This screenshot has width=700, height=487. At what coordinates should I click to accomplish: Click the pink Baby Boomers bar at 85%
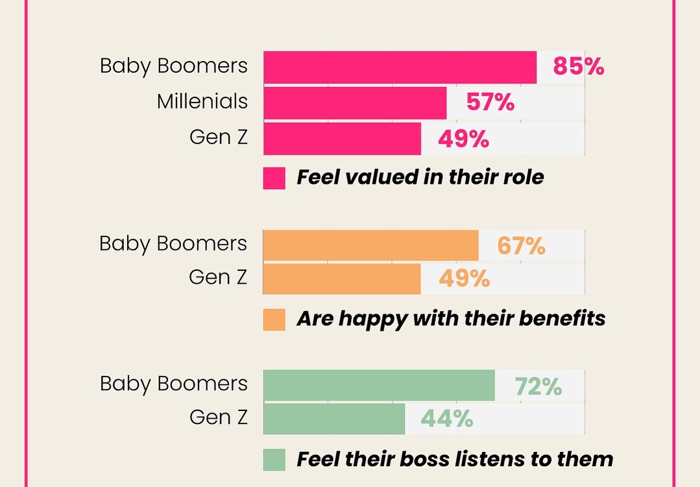pyautogui.click(x=400, y=68)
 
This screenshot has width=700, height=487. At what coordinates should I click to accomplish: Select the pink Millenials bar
pyautogui.click(x=355, y=103)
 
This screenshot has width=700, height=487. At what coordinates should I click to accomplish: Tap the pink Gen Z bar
pyautogui.click(x=342, y=139)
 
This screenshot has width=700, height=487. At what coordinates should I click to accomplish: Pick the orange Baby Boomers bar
pyautogui.click(x=370, y=245)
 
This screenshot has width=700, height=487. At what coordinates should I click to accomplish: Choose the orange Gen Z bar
pyautogui.click(x=342, y=279)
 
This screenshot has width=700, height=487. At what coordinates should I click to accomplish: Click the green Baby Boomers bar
pyautogui.click(x=379, y=386)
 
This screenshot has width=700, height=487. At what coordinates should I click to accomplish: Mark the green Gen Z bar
pyautogui.click(x=334, y=419)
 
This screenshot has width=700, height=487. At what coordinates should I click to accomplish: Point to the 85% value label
pyautogui.click(x=578, y=67)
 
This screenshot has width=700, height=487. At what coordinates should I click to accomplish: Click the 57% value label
pyautogui.click(x=490, y=103)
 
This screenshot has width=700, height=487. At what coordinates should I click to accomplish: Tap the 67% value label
pyautogui.click(x=521, y=246)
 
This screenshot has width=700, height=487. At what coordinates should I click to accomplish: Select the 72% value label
pyautogui.click(x=538, y=386)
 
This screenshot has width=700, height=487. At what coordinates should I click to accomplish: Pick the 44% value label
pyautogui.click(x=447, y=419)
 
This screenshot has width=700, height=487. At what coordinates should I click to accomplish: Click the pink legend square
pyautogui.click(x=274, y=178)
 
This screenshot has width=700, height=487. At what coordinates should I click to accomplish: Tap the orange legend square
pyautogui.click(x=274, y=319)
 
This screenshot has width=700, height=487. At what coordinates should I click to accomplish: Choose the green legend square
pyautogui.click(x=274, y=460)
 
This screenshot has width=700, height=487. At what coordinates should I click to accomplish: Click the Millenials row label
pyautogui.click(x=202, y=102)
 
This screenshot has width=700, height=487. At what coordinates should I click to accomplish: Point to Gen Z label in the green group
pyautogui.click(x=218, y=418)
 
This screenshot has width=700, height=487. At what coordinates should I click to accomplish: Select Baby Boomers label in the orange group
pyautogui.click(x=173, y=243)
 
